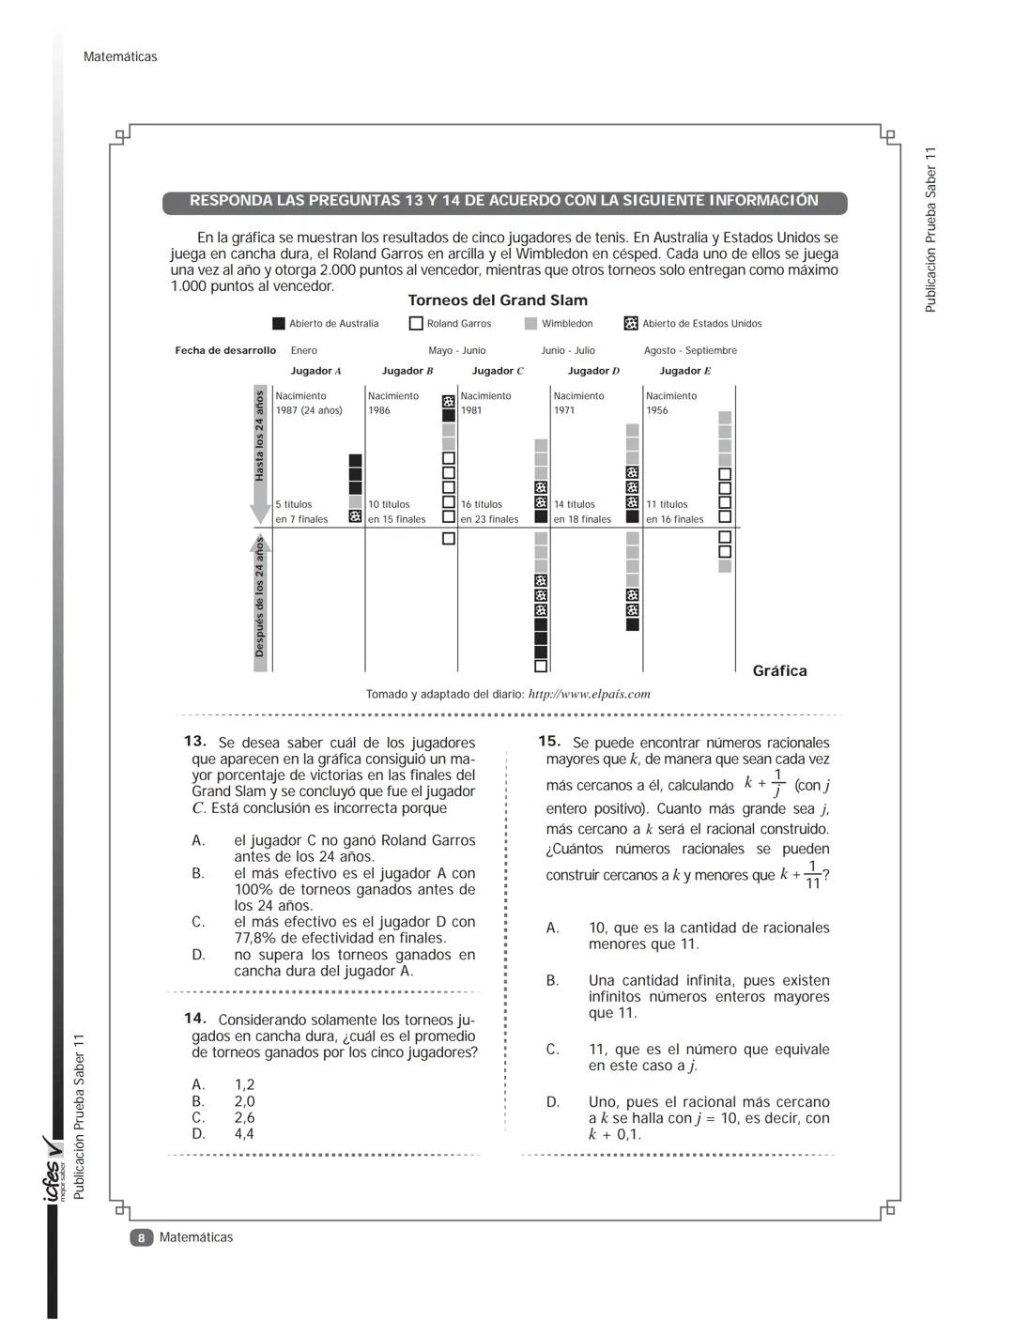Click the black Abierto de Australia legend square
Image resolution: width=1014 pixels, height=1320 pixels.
pos(279,324)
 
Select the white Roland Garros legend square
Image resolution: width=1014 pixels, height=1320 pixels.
pos(416,324)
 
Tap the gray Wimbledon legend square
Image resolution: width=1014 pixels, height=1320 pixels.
pos(530,324)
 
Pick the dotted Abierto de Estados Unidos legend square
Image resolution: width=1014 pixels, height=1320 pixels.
pos(631,324)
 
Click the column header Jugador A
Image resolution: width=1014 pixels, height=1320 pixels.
pos(315,371)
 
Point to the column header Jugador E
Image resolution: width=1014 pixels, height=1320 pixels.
pos(684,371)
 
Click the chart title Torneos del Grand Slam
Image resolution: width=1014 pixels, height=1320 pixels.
pos(498,300)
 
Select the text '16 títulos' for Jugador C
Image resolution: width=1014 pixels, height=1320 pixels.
pos(482,504)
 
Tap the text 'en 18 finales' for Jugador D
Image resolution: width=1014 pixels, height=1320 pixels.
pos(582,519)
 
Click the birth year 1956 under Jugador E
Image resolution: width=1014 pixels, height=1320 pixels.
pos(657,410)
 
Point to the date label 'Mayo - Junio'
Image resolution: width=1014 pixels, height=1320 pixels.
pos(457,350)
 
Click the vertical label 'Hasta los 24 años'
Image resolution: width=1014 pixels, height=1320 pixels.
pos(260,437)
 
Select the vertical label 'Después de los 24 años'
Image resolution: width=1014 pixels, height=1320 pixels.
pos(260,598)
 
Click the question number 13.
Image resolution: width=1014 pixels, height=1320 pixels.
pos(195,742)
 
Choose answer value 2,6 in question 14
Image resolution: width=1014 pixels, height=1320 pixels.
pos(244,1117)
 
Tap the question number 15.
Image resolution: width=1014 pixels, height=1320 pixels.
pos(549,742)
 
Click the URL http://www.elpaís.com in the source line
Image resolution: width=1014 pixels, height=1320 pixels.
pos(589,695)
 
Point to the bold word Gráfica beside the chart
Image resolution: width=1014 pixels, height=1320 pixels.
pos(779,670)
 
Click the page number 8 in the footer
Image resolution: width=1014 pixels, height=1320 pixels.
pos(140,1237)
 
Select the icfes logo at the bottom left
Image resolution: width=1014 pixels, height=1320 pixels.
pos(54,1169)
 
